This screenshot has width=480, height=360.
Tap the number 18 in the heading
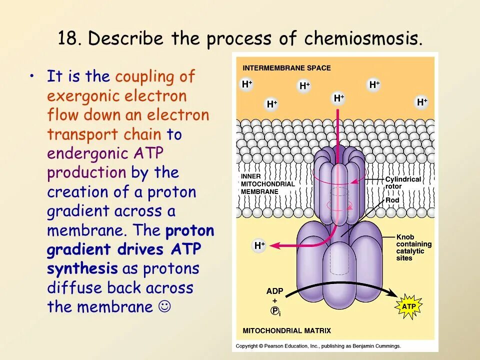[67, 38]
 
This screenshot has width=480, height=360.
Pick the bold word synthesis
[82, 268]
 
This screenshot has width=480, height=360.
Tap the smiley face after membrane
[163, 306]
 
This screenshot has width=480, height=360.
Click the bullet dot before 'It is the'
[32, 76]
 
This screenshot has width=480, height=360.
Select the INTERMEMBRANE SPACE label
[286, 68]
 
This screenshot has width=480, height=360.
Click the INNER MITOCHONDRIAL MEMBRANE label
[267, 183]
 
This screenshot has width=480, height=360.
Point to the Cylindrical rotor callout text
[402, 183]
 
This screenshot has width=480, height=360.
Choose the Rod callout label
[392, 200]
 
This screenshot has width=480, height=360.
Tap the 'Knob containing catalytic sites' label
[413, 247]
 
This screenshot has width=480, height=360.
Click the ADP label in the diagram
[274, 290]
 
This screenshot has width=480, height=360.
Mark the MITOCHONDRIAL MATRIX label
[286, 330]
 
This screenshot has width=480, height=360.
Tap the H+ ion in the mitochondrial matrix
[259, 245]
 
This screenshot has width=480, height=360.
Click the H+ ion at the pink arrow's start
[339, 98]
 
